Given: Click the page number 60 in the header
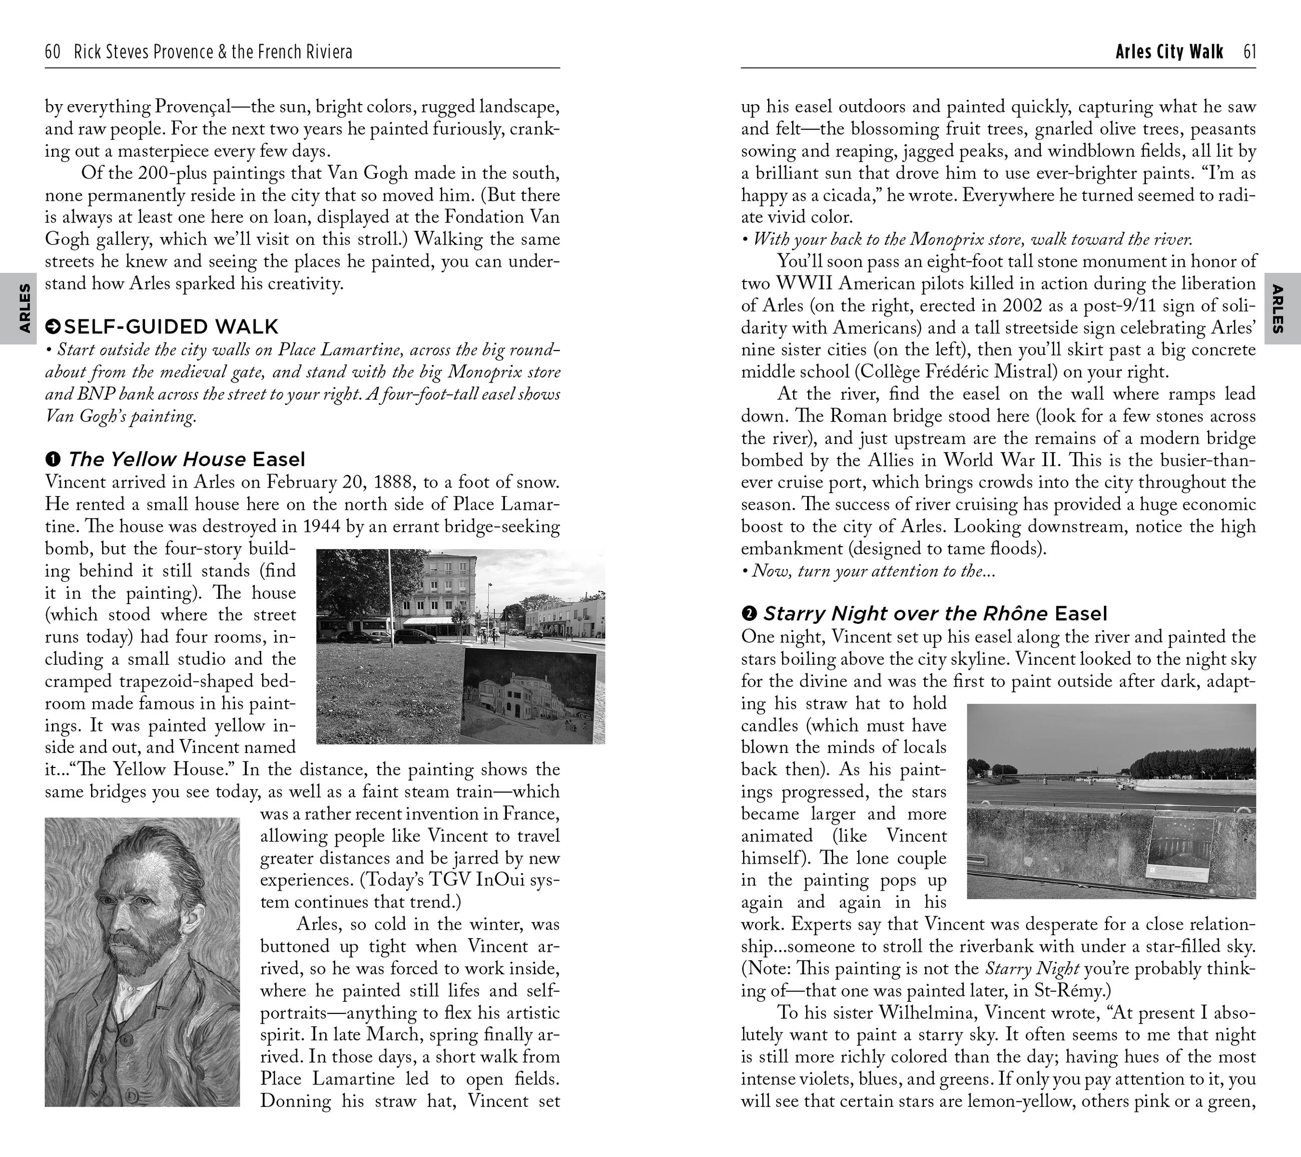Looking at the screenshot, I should [x=53, y=52].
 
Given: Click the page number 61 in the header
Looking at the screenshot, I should [x=1249, y=52].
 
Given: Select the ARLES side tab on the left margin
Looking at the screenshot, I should [x=24, y=309].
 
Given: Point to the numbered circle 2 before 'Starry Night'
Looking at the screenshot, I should [x=749, y=613].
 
